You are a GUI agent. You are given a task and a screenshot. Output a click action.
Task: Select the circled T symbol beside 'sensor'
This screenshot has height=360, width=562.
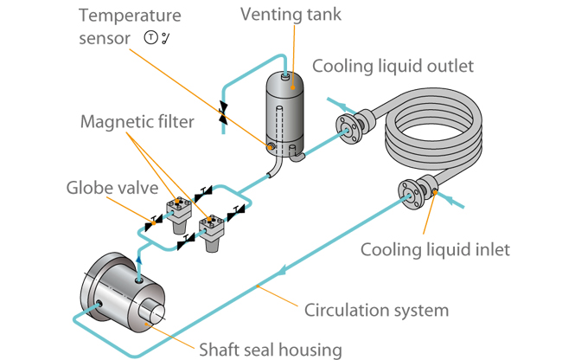click(150, 38)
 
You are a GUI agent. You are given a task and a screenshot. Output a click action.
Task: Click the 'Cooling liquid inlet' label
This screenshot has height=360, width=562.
click(435, 250)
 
